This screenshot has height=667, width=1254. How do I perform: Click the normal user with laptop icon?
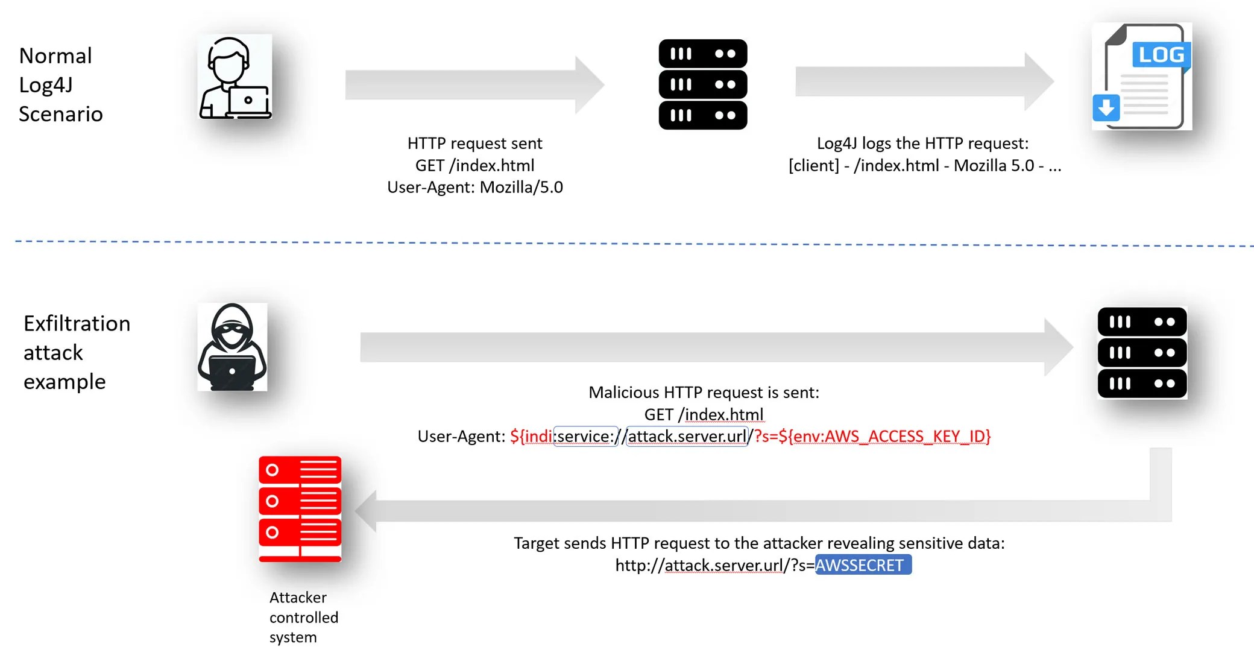pyautogui.click(x=235, y=77)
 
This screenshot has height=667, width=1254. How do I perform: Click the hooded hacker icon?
pyautogui.click(x=232, y=347)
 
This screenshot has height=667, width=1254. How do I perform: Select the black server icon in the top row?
pyautogui.click(x=702, y=84)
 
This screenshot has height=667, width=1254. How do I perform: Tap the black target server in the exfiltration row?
pyautogui.click(x=1142, y=353)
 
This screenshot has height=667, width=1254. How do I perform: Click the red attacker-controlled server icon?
pyautogui.click(x=300, y=508)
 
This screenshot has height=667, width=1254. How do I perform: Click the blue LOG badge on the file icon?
pyautogui.click(x=1161, y=55)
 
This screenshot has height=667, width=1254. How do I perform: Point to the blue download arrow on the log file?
pyautogui.click(x=1106, y=109)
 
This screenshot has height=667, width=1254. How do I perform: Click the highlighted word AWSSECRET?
pyautogui.click(x=862, y=565)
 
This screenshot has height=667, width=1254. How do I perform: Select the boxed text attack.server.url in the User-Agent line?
pyautogui.click(x=687, y=436)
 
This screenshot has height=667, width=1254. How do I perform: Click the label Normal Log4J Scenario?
pyautogui.click(x=60, y=84)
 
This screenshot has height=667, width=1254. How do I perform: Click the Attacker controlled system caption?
pyautogui.click(x=303, y=617)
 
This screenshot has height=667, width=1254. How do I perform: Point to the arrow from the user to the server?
pyautogui.click(x=473, y=84)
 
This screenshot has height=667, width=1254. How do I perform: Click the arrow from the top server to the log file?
pyautogui.click(x=922, y=81)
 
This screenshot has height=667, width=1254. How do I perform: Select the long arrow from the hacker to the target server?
pyautogui.click(x=711, y=347)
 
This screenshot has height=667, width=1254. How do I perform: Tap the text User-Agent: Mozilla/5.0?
pyautogui.click(x=474, y=187)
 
